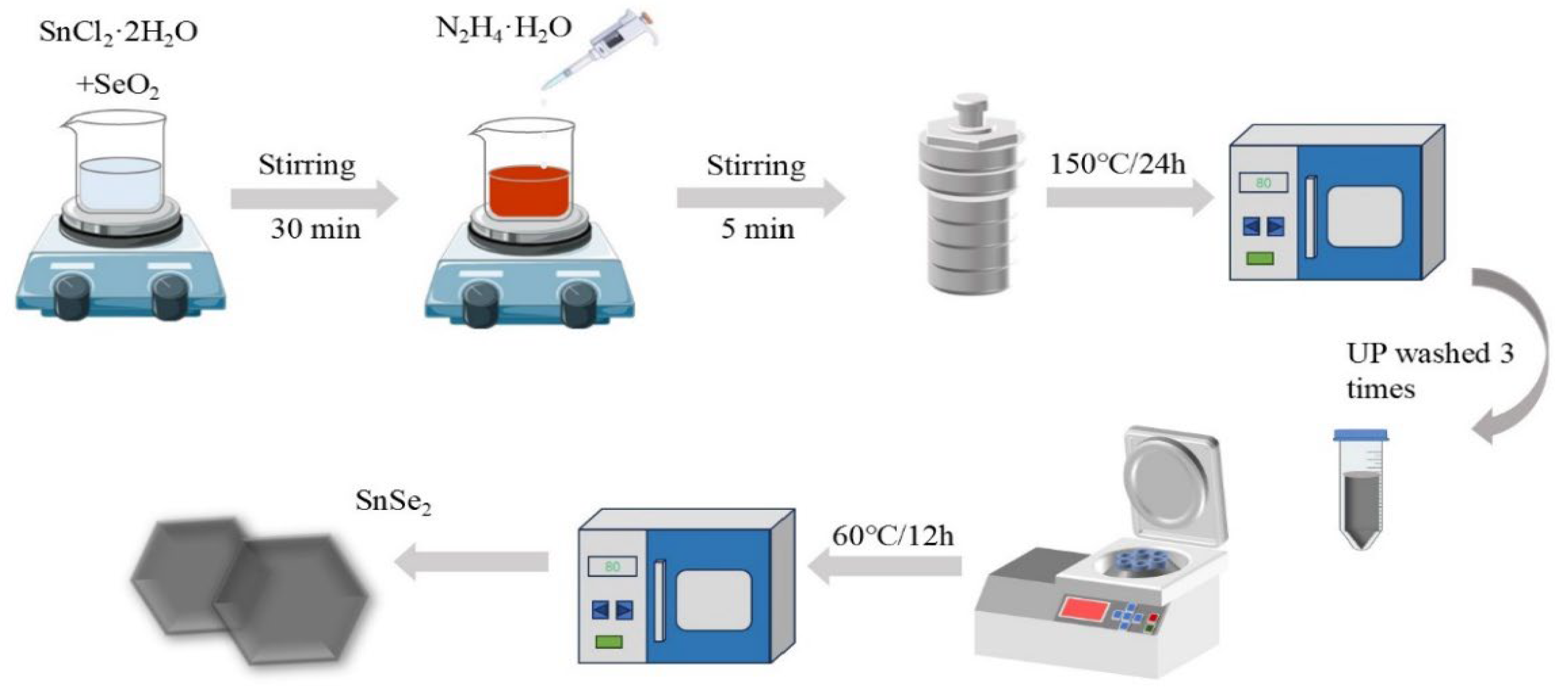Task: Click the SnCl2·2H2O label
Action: (x=118, y=32)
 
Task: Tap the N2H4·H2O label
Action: (x=504, y=28)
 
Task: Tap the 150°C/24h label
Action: (x=1117, y=164)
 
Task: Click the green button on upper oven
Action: (x=1260, y=259)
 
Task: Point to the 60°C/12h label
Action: (x=892, y=536)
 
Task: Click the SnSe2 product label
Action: (x=393, y=501)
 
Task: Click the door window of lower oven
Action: (x=713, y=600)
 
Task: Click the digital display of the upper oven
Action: (x=1263, y=183)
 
